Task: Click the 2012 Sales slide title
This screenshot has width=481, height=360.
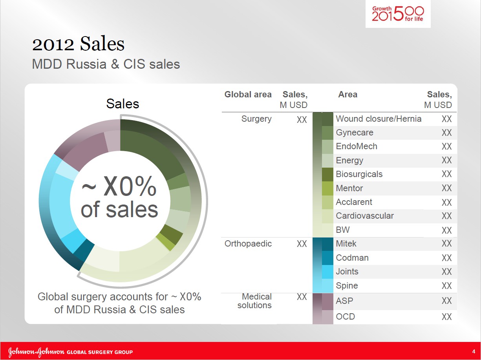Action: (79, 44)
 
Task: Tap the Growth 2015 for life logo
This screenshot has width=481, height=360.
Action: (398, 14)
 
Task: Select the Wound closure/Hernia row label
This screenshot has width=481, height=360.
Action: (379, 119)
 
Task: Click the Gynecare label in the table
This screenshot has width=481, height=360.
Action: (355, 133)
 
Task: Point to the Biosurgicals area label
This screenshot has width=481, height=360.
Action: (359, 174)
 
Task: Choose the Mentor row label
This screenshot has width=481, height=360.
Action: (349, 188)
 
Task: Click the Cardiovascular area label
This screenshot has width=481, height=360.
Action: (365, 216)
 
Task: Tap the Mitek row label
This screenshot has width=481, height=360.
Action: (346, 244)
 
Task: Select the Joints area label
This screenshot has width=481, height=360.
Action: (347, 272)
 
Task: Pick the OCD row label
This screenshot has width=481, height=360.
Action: (345, 316)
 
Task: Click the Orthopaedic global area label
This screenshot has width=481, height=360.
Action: (248, 244)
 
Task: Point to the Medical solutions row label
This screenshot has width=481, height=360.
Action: (254, 301)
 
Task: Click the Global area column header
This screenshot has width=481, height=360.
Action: (248, 95)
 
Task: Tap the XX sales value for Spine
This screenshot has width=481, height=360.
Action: (446, 286)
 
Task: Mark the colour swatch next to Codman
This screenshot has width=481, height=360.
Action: (327, 258)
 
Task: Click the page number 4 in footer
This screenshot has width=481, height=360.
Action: (474, 351)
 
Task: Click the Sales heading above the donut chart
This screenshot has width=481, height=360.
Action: (123, 104)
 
